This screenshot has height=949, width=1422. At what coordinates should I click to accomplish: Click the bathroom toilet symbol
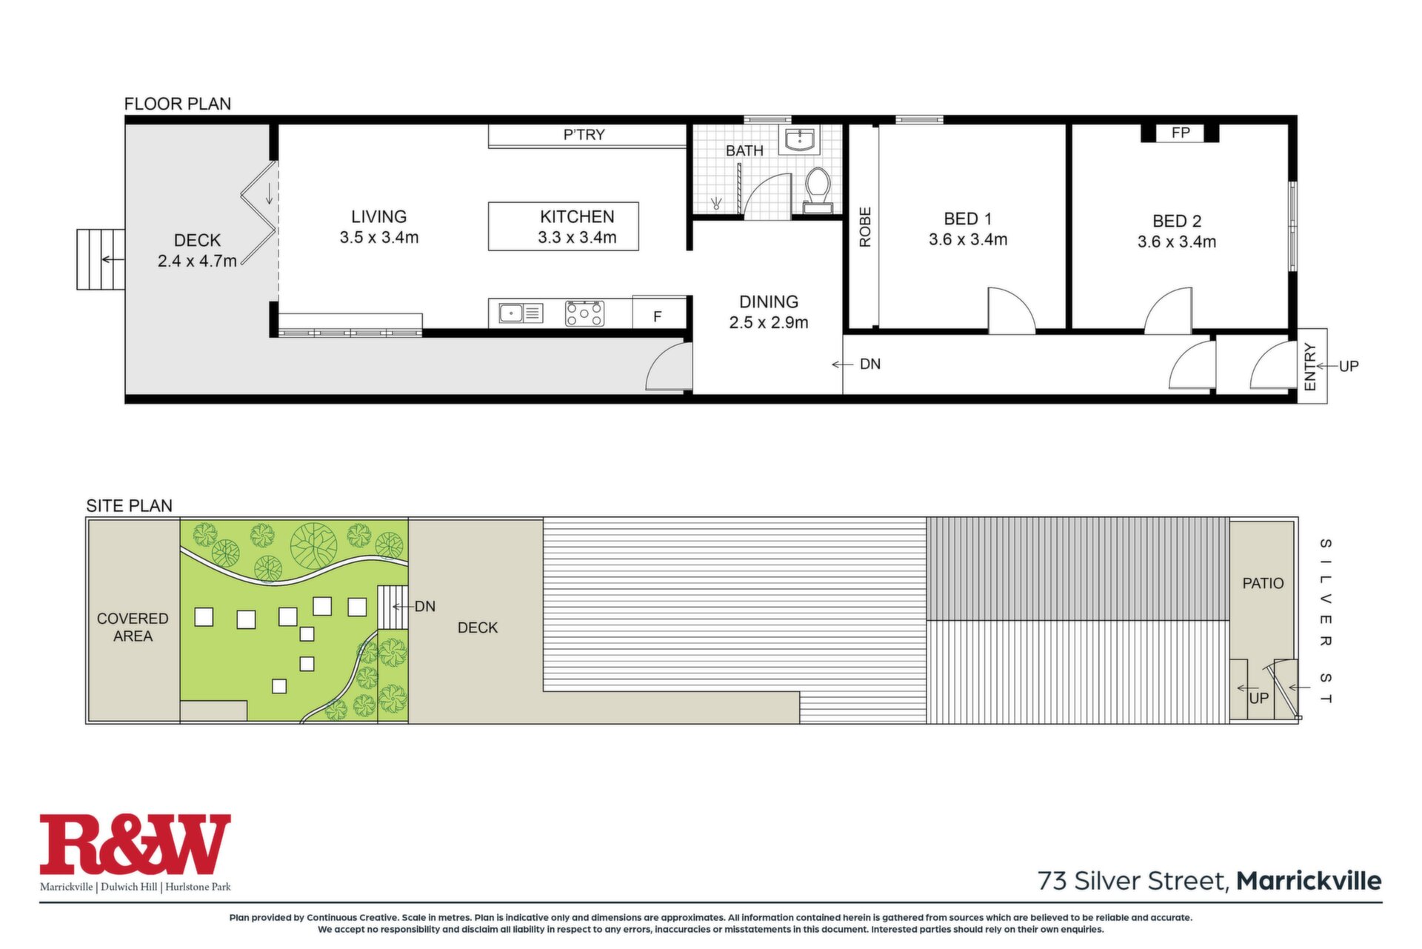click(818, 190)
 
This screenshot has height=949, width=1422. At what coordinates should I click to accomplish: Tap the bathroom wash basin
click(799, 139)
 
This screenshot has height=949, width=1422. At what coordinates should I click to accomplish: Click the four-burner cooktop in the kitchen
click(584, 313)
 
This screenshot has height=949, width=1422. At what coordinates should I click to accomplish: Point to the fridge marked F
click(658, 316)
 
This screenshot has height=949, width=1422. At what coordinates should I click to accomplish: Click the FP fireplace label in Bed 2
click(1181, 133)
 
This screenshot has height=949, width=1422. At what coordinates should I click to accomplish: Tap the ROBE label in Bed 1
click(865, 227)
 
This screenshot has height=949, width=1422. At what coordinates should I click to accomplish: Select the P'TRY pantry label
click(584, 135)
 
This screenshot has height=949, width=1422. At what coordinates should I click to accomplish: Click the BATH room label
click(744, 150)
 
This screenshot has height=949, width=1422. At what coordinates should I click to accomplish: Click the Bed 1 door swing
click(1011, 310)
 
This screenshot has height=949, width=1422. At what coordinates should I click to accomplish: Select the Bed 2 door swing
click(1168, 310)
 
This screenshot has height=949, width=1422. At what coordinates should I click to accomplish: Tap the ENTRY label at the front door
click(1310, 366)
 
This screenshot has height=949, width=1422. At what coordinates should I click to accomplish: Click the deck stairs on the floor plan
click(101, 259)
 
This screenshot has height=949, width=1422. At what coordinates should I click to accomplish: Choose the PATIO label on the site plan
click(1263, 584)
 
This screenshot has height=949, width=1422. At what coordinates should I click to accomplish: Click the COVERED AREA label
click(133, 627)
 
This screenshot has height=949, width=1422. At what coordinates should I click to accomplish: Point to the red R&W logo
click(136, 844)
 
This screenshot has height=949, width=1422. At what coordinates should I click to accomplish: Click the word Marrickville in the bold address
click(1309, 881)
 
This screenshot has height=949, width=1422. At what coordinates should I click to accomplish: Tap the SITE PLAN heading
click(130, 506)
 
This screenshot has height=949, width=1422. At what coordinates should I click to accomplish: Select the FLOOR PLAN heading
click(178, 104)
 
